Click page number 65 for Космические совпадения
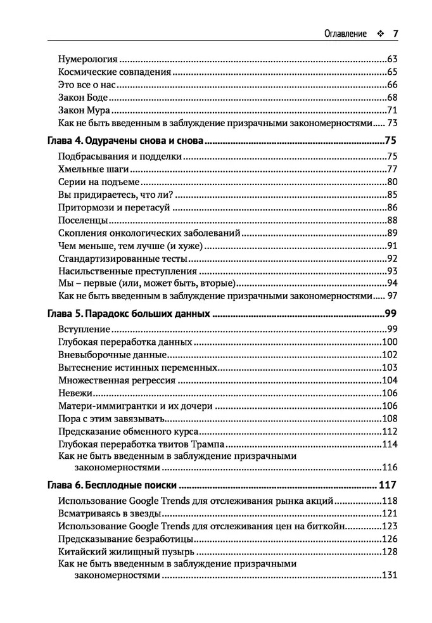[391, 72]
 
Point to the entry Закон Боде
[82, 98]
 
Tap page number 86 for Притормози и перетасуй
[391, 208]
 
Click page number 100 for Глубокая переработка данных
[389, 342]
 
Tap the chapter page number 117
[386, 486]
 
